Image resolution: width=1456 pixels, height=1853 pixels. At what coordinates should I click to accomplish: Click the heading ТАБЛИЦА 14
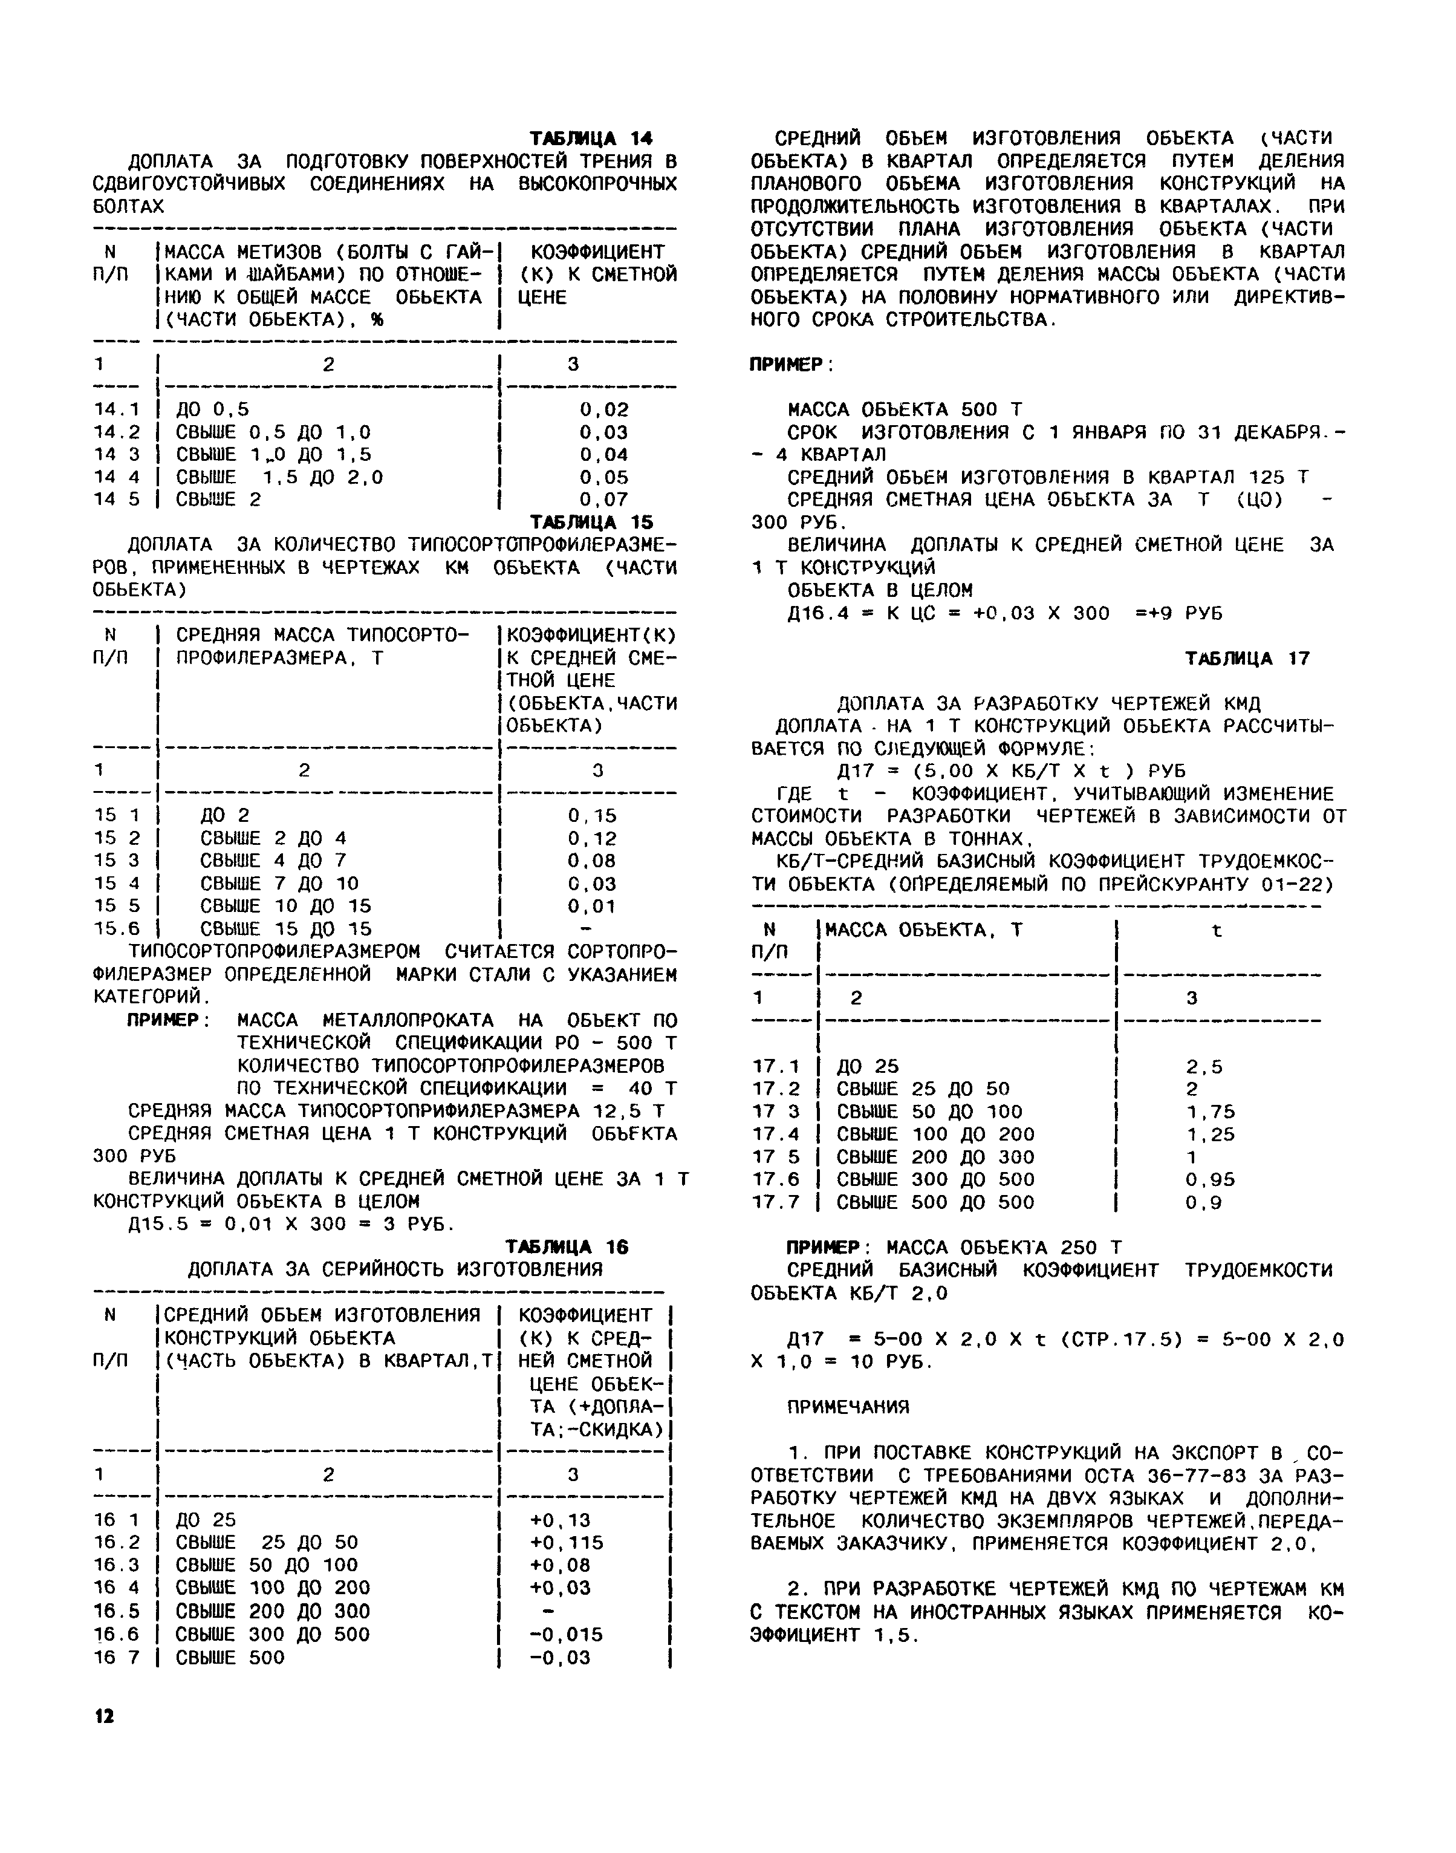591,138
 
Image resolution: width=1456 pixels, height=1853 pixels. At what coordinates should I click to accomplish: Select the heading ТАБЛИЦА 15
591,521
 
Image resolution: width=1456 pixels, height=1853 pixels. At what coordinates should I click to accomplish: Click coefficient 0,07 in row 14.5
603,500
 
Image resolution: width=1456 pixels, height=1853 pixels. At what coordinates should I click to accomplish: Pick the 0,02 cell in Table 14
603,409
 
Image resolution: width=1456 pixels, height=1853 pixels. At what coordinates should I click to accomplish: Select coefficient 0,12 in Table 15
593,838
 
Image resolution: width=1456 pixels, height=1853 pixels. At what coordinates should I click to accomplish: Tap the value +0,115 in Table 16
566,1542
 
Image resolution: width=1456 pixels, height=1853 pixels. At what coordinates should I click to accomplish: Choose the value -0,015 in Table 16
566,1634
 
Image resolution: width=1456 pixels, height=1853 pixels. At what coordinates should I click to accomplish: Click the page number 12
103,1716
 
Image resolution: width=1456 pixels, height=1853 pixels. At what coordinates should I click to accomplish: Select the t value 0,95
1210,1179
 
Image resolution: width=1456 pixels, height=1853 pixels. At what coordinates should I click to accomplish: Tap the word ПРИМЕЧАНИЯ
848,1406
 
